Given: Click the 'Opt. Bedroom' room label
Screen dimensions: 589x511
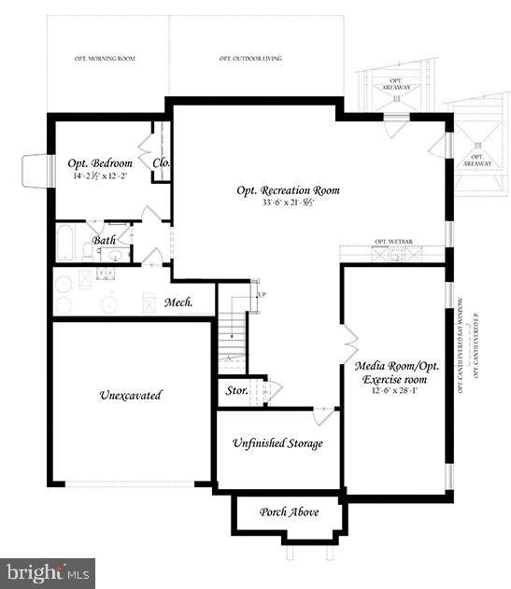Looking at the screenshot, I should (100, 163).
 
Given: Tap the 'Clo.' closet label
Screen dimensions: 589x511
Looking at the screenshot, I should (161, 163).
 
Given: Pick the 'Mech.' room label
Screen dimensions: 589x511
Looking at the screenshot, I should (178, 302).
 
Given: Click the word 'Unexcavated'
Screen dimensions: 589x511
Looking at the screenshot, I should (130, 395).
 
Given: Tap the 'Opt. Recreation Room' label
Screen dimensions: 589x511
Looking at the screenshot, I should (288, 190).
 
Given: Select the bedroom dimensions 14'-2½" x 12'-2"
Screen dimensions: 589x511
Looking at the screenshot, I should (100, 176).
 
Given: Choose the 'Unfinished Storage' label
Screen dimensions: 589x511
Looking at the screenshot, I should (277, 443).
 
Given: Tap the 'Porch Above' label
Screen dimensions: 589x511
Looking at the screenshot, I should (290, 512).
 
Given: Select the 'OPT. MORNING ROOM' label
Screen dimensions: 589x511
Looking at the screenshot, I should (106, 58).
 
